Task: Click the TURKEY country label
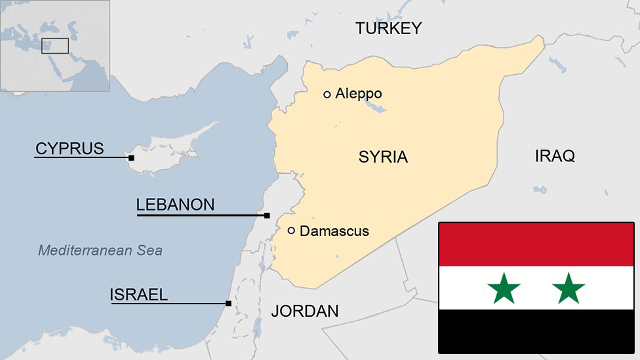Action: (388, 28)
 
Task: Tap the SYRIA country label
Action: (383, 157)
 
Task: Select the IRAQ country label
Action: (555, 156)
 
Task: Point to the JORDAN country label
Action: (305, 311)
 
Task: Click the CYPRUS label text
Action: (70, 149)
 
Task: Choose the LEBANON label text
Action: (175, 205)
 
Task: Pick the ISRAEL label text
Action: (138, 295)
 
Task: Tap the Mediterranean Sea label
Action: (100, 250)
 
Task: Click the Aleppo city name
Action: (358, 94)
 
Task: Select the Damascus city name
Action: (334, 231)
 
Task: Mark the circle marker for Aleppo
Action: (327, 94)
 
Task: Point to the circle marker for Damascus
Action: (291, 230)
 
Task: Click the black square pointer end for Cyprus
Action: (131, 158)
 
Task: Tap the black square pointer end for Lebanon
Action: (267, 216)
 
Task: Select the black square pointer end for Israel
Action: (228, 304)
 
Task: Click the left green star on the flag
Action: (504, 289)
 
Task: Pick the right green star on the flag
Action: (569, 289)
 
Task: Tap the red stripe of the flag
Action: (536, 244)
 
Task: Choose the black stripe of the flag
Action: (536, 331)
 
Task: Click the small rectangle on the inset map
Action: (55, 46)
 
